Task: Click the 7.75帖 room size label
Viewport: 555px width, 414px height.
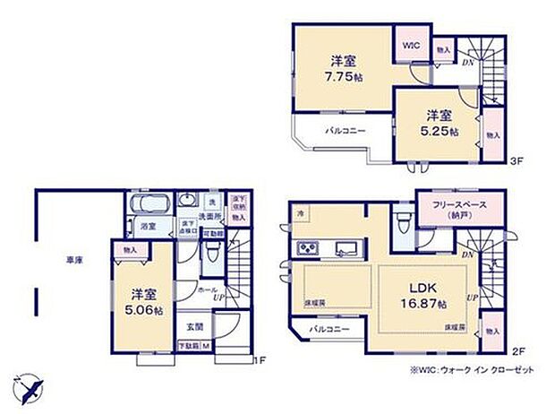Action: (x=339, y=78)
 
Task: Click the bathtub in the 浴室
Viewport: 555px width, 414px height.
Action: (x=149, y=206)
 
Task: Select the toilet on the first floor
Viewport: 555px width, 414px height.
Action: (x=211, y=255)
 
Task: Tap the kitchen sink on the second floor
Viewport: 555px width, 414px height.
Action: (x=343, y=248)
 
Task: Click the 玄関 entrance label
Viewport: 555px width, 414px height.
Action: (x=195, y=327)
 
